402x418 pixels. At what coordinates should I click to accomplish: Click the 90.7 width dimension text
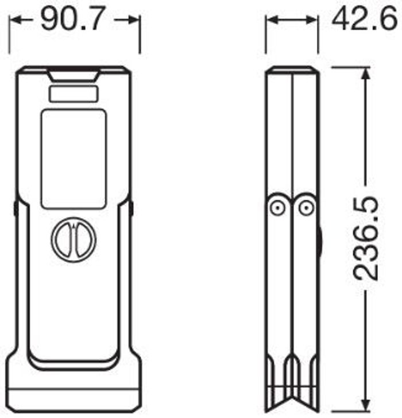tap(72, 18)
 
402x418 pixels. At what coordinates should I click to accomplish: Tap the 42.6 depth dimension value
tap(365, 18)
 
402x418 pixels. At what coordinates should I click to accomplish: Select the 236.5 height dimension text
tap(366, 238)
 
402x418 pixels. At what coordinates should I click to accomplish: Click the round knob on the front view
tap(74, 239)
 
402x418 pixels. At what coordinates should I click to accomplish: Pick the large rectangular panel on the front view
tap(74, 159)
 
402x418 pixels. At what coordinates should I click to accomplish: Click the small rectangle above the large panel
tap(74, 94)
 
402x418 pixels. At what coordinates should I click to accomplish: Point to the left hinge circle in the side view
tap(277, 207)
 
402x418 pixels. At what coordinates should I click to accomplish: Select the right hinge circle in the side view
tap(306, 207)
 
